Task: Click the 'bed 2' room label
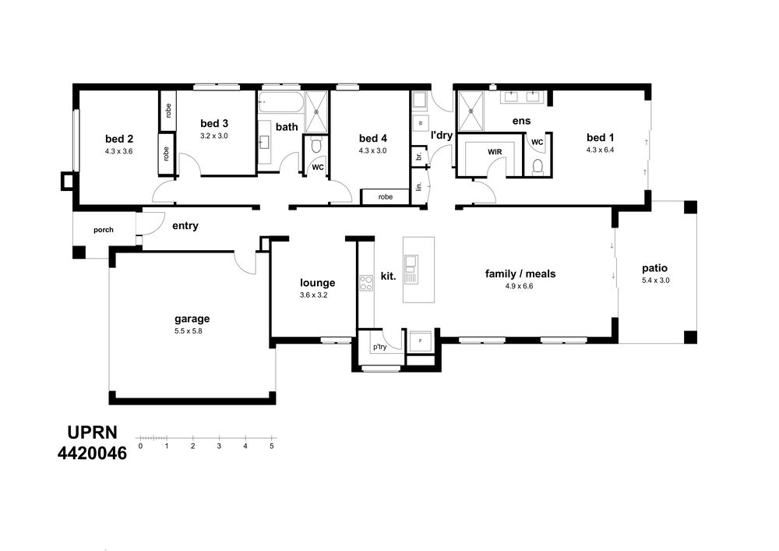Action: pos(119,140)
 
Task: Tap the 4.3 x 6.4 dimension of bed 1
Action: pos(600,150)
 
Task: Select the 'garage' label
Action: pos(192,320)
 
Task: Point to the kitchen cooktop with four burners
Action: pos(366,283)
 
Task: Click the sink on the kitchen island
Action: pos(411,269)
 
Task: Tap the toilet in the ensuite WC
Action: pos(537,166)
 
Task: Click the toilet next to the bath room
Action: pos(316,145)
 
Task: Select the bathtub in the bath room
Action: pos(280,104)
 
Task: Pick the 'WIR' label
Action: pos(495,152)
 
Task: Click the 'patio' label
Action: pos(655,269)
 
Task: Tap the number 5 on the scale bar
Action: pos(272,446)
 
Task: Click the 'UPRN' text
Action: pos(93,433)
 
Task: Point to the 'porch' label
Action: pos(104,230)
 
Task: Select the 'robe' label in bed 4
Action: pos(386,196)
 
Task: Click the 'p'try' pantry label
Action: pos(379,347)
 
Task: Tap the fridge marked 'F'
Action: pos(421,341)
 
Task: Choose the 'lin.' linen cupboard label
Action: pos(419,186)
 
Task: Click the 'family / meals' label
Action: pos(520,274)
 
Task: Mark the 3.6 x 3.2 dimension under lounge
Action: pos(313,295)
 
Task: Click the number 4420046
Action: pos(93,453)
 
